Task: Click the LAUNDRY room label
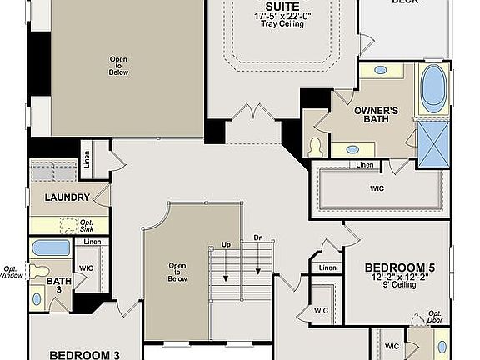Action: pos(67,197)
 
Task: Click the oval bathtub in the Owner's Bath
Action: pos(432,89)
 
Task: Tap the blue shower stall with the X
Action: pos(433,143)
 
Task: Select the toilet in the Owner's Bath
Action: pos(316,147)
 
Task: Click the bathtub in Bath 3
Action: pos(50,248)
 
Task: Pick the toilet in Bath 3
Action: pos(37,272)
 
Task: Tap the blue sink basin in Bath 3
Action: pos(37,297)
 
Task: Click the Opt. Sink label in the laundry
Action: pos(85,225)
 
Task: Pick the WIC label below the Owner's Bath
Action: pos(377,188)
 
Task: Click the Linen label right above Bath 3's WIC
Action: pos(92,242)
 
